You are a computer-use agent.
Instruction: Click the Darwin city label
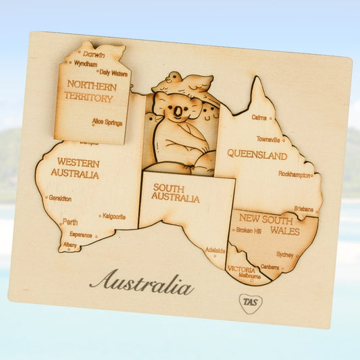(94, 55)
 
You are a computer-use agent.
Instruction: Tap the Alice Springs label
(107, 122)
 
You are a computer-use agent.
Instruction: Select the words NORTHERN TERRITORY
(89, 91)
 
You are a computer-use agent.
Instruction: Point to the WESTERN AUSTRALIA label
(78, 168)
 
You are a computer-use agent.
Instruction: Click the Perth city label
(70, 222)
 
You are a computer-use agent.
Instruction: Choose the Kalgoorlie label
(114, 217)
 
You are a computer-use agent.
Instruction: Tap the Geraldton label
(60, 198)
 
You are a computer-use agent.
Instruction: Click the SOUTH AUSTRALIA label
(176, 193)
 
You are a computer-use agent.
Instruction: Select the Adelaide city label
(215, 249)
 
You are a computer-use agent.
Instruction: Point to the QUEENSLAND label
(257, 155)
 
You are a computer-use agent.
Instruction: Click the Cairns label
(259, 117)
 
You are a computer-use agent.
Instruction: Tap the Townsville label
(268, 139)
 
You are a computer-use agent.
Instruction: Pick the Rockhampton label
(294, 174)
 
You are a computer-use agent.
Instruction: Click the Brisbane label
(303, 209)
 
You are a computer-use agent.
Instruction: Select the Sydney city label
(285, 255)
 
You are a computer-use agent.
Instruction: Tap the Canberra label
(269, 267)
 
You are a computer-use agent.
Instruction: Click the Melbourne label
(249, 276)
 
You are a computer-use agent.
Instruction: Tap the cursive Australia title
(141, 283)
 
